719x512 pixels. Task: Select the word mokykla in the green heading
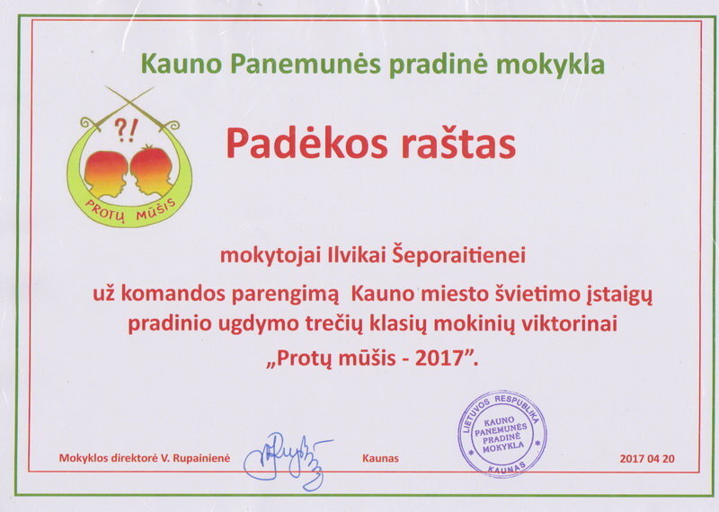550,65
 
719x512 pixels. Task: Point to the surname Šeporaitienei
457,255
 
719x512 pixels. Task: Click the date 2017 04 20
647,458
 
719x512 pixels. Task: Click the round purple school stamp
502,435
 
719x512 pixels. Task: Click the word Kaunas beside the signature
380,458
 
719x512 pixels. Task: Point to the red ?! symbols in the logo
125,130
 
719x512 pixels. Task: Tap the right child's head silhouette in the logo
152,170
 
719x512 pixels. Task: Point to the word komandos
173,295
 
